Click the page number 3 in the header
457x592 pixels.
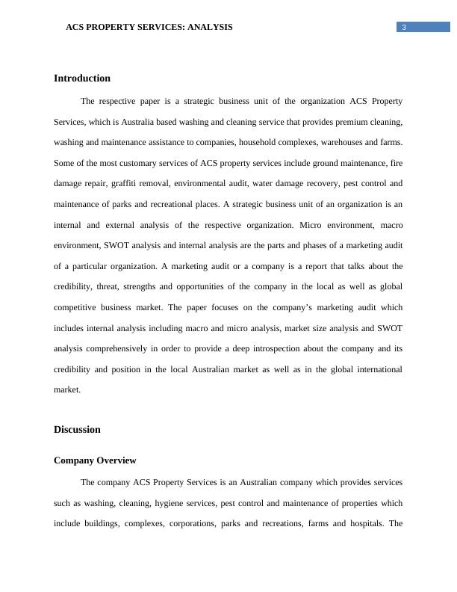(404, 28)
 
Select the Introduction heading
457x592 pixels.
(82, 78)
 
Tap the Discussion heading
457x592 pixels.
(77, 430)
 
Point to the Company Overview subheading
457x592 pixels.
(95, 460)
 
